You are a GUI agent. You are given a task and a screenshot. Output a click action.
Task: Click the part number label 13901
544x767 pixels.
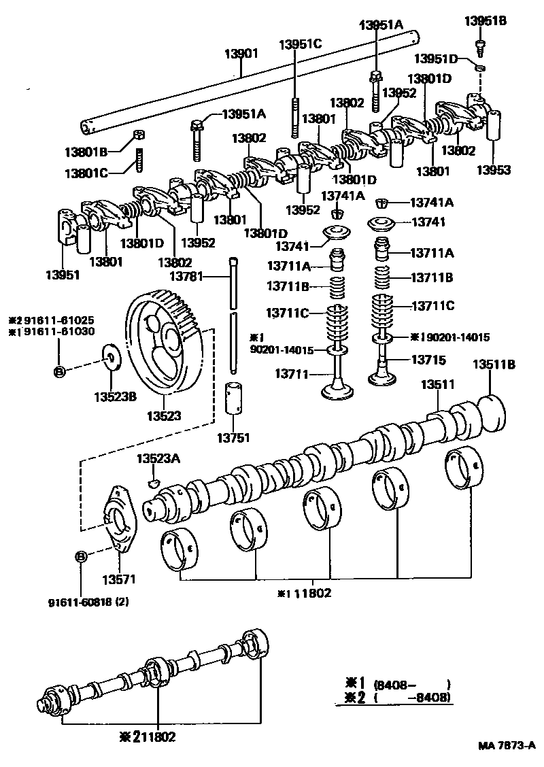241,53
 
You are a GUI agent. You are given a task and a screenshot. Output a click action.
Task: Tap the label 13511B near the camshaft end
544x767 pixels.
493,365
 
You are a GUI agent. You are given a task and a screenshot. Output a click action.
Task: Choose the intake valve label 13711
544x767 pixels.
292,374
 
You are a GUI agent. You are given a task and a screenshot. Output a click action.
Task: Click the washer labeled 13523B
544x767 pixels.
109,356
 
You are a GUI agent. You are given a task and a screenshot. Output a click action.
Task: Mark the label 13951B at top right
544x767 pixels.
486,21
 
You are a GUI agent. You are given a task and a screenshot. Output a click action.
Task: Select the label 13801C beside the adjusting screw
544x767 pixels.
86,173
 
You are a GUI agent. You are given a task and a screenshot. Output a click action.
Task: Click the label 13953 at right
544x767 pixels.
493,170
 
